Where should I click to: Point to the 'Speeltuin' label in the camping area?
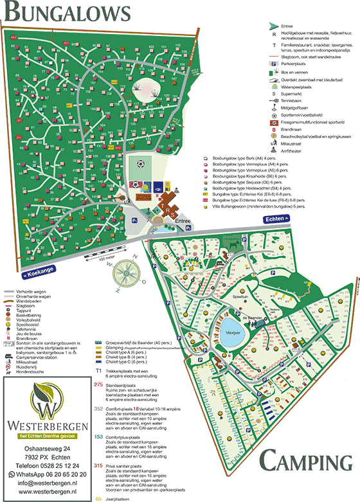click(240, 297)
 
